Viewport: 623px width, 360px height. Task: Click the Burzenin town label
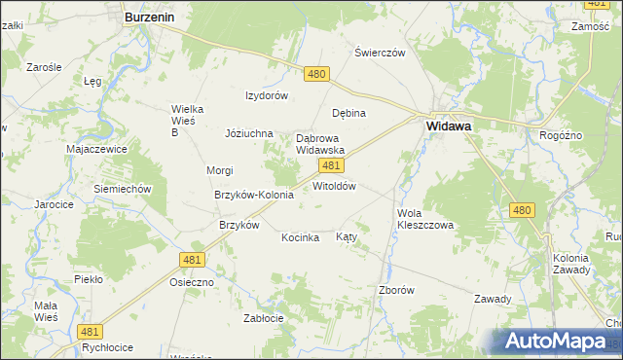pyautogui.click(x=149, y=17)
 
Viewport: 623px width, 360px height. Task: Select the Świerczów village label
pyautogui.click(x=380, y=53)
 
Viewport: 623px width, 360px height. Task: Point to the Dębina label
pyautogui.click(x=348, y=113)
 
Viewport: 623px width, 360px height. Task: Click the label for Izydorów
pyautogui.click(x=266, y=95)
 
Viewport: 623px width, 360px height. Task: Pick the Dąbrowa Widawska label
pyautogui.click(x=320, y=144)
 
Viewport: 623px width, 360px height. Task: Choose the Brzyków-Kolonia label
pyautogui.click(x=253, y=195)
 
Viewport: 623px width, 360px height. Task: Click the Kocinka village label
pyautogui.click(x=301, y=237)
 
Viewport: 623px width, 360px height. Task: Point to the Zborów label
pyautogui.click(x=396, y=290)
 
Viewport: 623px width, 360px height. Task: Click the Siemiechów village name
pyautogui.click(x=121, y=188)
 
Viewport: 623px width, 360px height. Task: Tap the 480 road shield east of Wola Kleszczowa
pyautogui.click(x=522, y=210)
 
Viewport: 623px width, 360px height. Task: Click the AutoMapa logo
pyautogui.click(x=556, y=342)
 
